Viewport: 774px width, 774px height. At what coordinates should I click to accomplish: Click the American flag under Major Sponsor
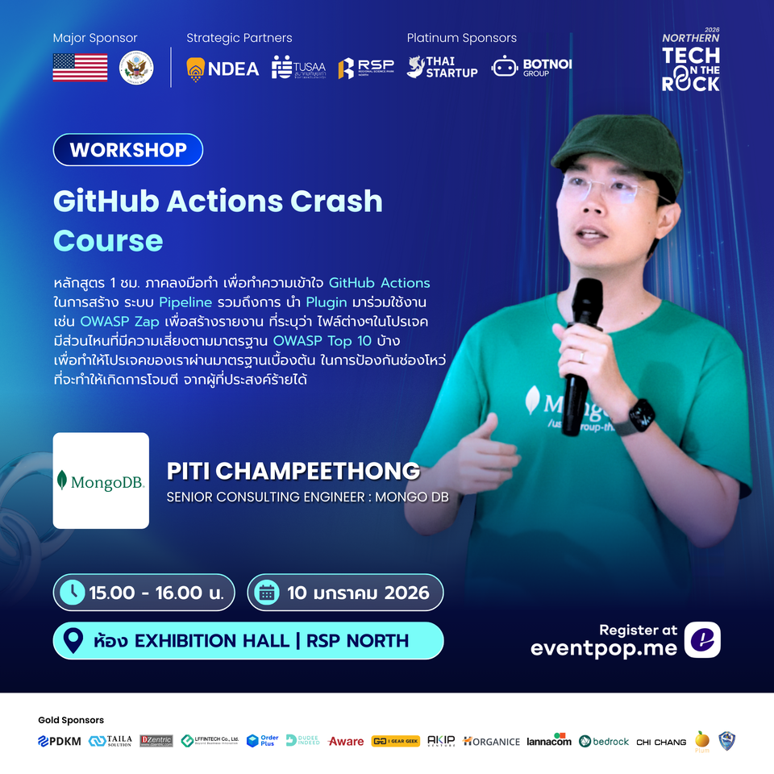(80, 68)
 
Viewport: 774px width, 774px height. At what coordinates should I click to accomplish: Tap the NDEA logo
(223, 69)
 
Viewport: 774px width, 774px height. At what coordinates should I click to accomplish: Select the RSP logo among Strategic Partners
(366, 69)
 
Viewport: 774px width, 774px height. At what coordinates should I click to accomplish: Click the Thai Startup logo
(442, 68)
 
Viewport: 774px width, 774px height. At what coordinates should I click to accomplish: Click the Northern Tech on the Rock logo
(690, 63)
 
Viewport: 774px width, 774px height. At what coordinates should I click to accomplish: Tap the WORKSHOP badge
(127, 150)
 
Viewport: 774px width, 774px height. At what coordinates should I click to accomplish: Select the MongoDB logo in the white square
(101, 481)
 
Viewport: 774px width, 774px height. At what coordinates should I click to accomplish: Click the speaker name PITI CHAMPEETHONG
(293, 471)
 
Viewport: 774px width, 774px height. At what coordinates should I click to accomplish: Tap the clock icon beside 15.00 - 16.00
(72, 593)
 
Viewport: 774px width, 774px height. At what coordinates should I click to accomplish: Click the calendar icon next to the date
(265, 593)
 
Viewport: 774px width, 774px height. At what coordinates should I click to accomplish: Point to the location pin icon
(73, 641)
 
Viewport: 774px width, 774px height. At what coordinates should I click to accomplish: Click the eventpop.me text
(603, 647)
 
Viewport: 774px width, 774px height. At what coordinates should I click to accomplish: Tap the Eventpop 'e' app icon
(701, 640)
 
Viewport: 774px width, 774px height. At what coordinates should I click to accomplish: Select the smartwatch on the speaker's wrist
(643, 416)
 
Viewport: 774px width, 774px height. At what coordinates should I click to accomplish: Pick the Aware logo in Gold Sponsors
(346, 741)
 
